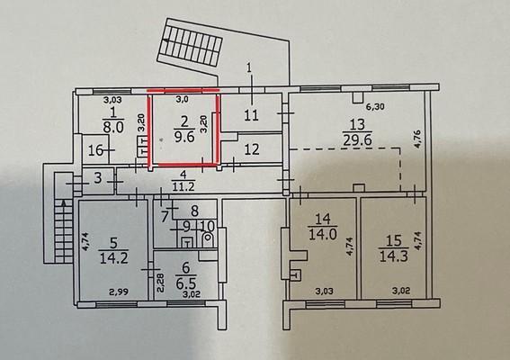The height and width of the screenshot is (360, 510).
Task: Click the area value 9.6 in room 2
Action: pyautogui.click(x=184, y=137)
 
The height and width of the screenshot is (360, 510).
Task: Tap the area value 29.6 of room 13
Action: pyautogui.click(x=357, y=139)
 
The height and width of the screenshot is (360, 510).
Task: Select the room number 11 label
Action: pyautogui.click(x=252, y=115)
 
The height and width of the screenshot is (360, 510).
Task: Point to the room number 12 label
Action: pyautogui.click(x=252, y=149)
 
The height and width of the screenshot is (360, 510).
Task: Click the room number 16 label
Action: pyautogui.click(x=96, y=150)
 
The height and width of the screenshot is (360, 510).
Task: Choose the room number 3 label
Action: pyautogui.click(x=98, y=178)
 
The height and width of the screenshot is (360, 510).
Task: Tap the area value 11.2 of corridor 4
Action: pyautogui.click(x=183, y=186)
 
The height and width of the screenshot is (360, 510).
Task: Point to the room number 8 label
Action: pyautogui.click(x=194, y=211)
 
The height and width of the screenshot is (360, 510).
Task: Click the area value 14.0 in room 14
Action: pyautogui.click(x=322, y=233)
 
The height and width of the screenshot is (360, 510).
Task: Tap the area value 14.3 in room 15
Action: pyautogui.click(x=394, y=256)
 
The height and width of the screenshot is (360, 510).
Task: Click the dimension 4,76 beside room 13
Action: pyautogui.click(x=417, y=139)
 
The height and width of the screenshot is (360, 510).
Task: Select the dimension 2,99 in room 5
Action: pyautogui.click(x=119, y=292)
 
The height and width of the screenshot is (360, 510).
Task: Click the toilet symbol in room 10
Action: pyautogui.click(x=207, y=238)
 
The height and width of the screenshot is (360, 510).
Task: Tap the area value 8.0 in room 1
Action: pyautogui.click(x=113, y=126)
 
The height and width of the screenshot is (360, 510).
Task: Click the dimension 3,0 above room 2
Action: pyautogui.click(x=182, y=100)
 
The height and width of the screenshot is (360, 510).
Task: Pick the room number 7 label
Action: pyautogui.click(x=165, y=215)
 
